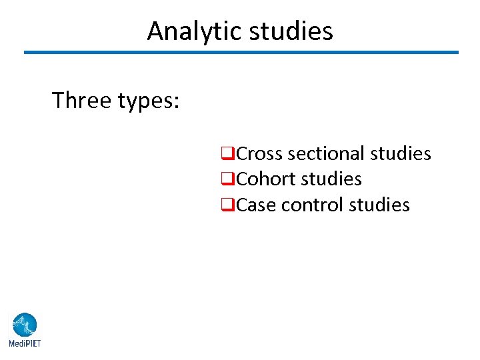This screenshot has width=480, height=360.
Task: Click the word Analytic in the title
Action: [x=194, y=31]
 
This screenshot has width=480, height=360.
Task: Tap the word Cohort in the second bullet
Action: [x=266, y=179]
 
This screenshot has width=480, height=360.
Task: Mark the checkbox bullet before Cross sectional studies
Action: [x=227, y=155]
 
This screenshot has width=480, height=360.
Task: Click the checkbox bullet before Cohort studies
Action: [x=227, y=180]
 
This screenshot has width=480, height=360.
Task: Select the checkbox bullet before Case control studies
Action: [x=227, y=205]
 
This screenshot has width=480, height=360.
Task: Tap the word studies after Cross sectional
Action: [x=401, y=154]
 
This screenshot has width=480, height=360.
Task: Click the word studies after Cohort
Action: [x=331, y=179]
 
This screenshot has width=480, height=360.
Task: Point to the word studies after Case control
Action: [x=379, y=205]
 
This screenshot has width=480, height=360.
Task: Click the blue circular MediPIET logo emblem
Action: [x=24, y=325]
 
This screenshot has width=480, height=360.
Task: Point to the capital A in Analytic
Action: [x=155, y=31]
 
